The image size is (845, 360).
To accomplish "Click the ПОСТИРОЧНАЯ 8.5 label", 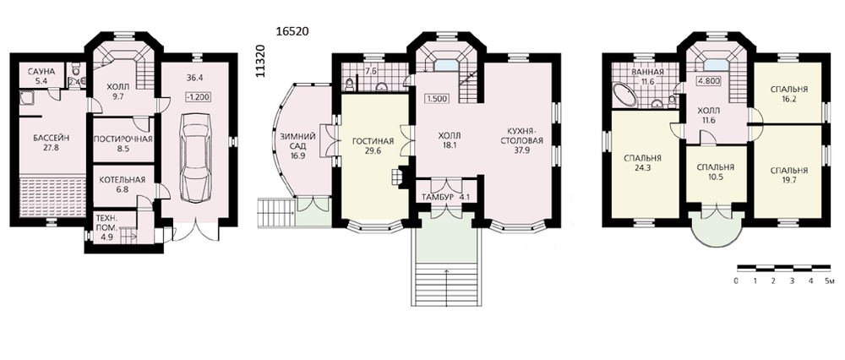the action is (123, 144).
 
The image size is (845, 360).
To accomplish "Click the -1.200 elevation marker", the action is (198, 97).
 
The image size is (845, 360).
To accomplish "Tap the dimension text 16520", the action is (292, 32).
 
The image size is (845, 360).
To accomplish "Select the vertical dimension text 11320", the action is (261, 62).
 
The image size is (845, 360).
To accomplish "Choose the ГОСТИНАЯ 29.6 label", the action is (373, 146).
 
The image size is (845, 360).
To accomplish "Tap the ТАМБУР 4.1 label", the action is (443, 197).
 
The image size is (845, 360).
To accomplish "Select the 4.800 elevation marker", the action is (708, 82).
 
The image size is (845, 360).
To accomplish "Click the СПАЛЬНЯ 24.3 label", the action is (642, 163).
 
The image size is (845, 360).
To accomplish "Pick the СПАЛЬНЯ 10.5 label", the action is (715, 172).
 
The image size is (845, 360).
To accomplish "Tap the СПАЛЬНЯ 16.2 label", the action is (789, 93).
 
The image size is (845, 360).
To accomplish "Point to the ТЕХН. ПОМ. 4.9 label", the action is (106, 226).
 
